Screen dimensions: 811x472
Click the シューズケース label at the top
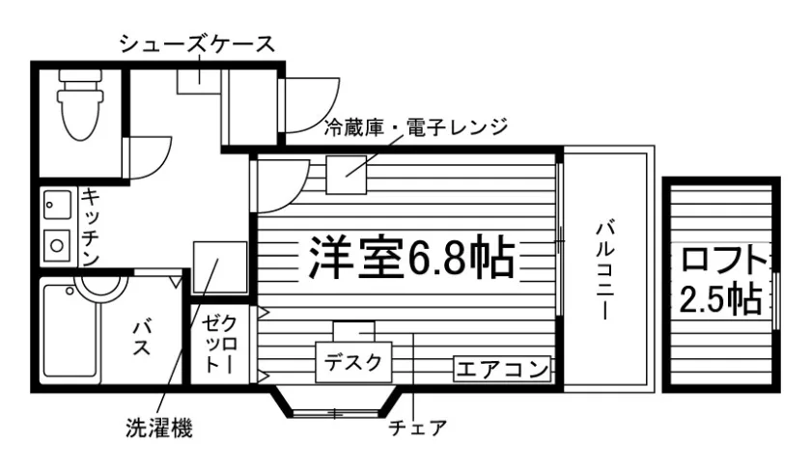pos(197,43)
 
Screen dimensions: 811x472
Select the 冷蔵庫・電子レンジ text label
pos(415,126)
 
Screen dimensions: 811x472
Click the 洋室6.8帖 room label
pos(409,257)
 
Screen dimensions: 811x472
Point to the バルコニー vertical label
pos(605,269)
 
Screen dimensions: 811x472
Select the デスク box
pos(353,363)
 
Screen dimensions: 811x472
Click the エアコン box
pos(502,368)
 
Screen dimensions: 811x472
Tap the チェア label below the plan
pos(418,426)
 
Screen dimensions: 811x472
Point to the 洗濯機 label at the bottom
pos(158,426)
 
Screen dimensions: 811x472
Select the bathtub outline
pos(70,331)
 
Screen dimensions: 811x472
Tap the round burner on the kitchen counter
pos(58,244)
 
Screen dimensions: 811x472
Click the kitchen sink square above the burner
pos(57,206)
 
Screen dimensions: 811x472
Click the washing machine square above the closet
pos(219,267)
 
